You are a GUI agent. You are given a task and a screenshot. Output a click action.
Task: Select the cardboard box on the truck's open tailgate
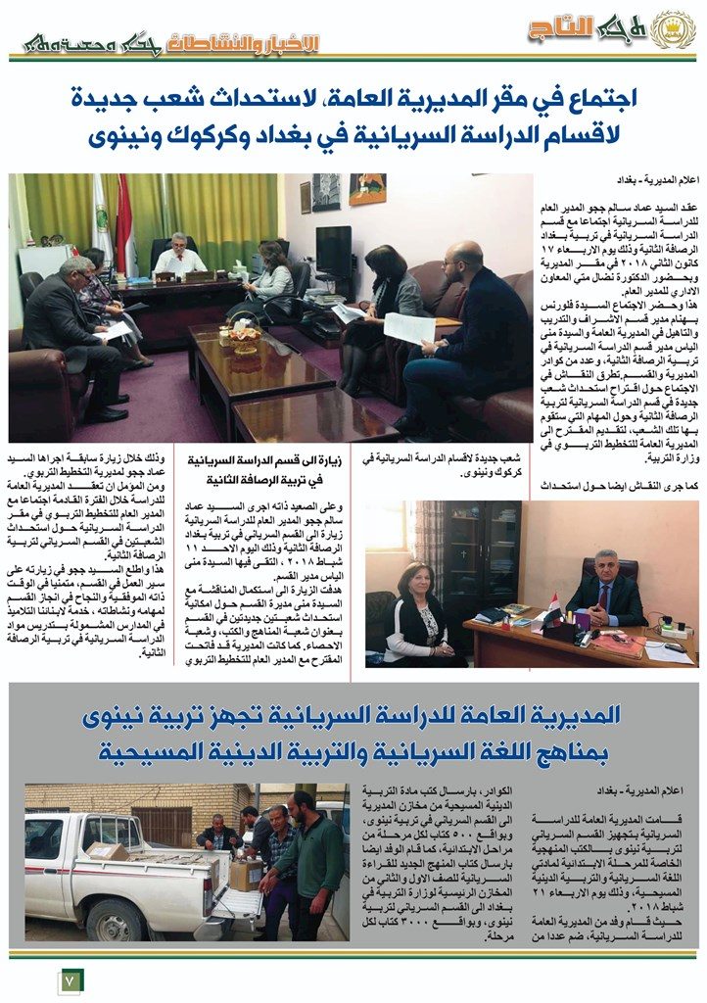pos(246,873)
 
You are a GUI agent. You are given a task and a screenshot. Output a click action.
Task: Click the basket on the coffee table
pos(246,338)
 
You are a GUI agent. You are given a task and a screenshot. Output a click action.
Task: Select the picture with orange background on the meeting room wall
pos(367,190)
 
